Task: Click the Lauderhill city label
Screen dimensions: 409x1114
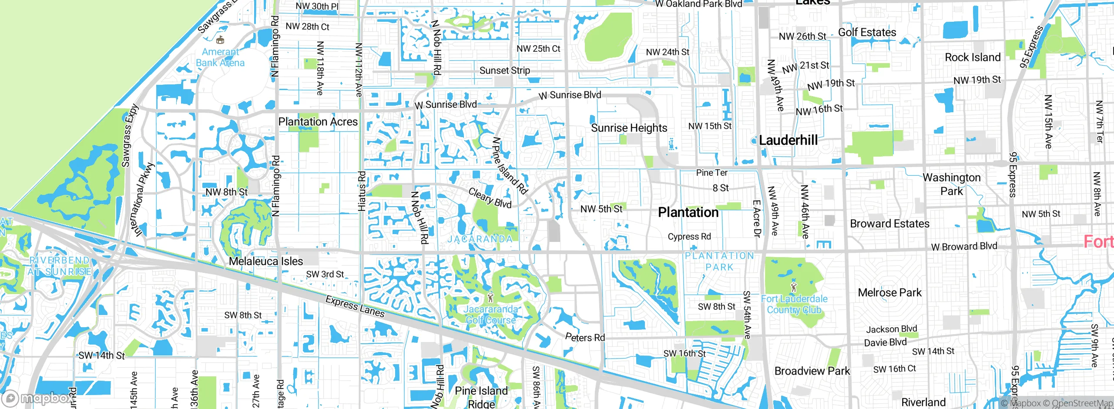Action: (x=788, y=140)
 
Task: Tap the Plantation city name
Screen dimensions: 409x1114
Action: (x=688, y=212)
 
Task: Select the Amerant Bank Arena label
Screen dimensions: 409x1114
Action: (x=220, y=57)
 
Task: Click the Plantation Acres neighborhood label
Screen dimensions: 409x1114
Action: (x=318, y=122)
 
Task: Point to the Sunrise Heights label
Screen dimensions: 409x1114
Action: (x=629, y=128)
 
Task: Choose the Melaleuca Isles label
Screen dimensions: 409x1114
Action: (x=266, y=261)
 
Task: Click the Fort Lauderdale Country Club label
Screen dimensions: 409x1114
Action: (x=794, y=304)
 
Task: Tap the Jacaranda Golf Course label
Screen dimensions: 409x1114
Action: (x=490, y=315)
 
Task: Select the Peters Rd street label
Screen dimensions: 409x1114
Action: (x=585, y=337)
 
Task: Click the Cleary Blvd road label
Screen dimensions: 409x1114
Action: (x=490, y=198)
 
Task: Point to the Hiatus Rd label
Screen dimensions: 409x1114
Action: (x=362, y=191)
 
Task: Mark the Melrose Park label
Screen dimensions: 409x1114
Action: (x=889, y=292)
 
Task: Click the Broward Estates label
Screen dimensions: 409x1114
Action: (x=889, y=224)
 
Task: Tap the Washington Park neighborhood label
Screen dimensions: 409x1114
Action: (x=952, y=184)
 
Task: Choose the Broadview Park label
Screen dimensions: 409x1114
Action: (x=812, y=371)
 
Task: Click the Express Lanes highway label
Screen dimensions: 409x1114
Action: (x=355, y=306)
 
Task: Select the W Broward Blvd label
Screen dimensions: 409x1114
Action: (x=964, y=246)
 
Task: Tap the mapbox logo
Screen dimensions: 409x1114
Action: (x=38, y=398)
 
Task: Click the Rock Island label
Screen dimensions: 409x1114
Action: (x=973, y=57)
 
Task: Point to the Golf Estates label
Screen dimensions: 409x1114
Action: (x=867, y=33)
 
